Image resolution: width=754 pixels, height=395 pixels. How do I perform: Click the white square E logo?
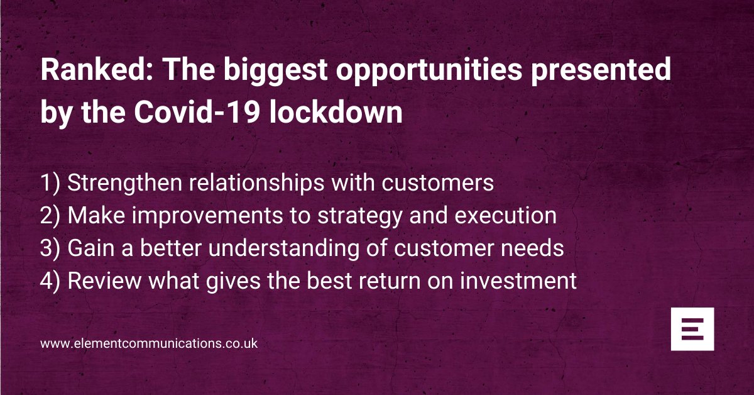coord(692,329)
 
